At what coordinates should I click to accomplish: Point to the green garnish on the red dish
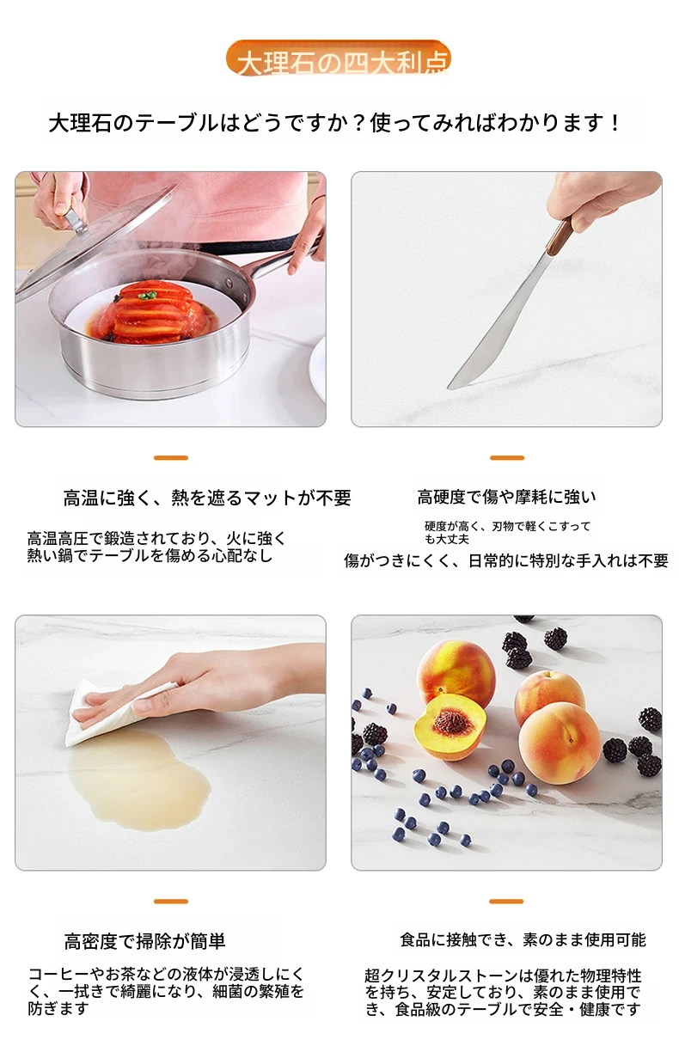pos(148,296)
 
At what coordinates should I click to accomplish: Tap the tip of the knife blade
pos(449,388)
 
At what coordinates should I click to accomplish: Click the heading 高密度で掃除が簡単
pos(145,941)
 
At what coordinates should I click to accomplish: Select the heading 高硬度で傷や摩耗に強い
pos(506,497)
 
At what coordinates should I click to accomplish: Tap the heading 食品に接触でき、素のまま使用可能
pos(523,939)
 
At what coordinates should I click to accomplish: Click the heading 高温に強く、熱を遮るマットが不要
pos(207,498)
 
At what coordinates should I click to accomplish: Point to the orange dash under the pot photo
pos(171,457)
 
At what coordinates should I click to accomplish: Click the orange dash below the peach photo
pos(506,902)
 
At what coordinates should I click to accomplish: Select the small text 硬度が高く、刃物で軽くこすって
pos(508,527)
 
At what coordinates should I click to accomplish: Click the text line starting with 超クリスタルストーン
pos(503,976)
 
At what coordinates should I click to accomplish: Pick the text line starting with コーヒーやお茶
pos(166,974)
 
